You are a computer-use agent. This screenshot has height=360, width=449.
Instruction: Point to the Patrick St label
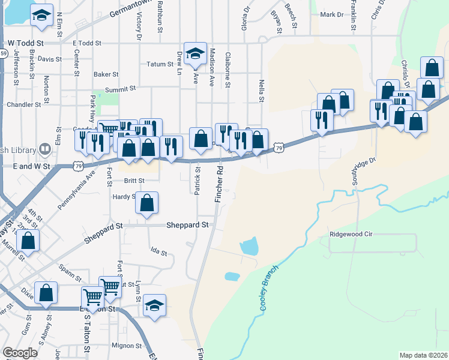point(197,181)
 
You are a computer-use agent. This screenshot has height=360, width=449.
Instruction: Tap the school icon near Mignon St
point(154,306)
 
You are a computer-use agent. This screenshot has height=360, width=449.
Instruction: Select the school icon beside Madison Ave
point(194,55)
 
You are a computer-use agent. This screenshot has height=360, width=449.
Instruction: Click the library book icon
point(45,149)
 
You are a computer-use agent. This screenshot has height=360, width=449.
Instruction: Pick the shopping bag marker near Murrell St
point(28,241)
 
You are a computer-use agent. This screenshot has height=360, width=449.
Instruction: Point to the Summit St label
point(121,89)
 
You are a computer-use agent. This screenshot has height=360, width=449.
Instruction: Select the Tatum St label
point(160,64)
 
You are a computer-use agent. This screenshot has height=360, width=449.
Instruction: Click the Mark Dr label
point(331,14)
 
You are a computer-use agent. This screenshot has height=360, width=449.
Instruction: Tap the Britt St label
point(134,180)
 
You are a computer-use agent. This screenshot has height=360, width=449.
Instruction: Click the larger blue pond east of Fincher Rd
point(249,245)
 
